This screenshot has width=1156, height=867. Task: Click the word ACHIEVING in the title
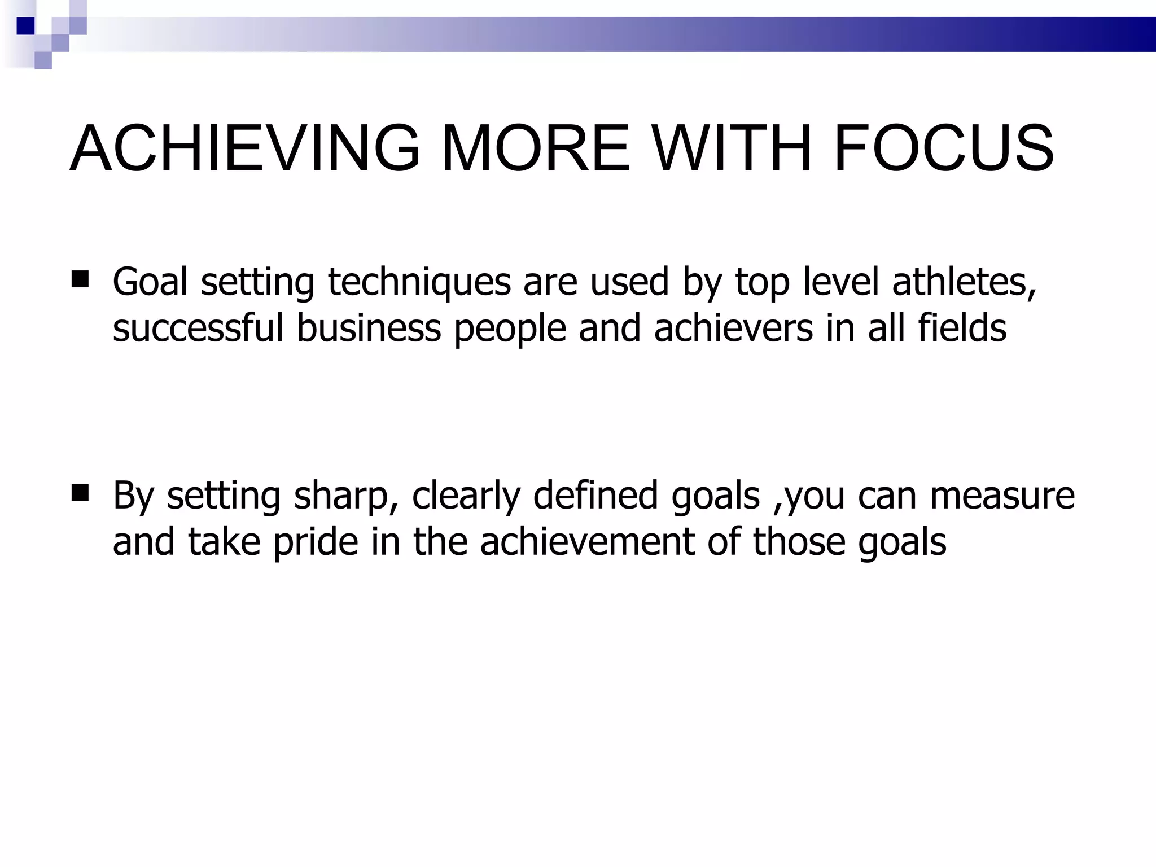coord(245,148)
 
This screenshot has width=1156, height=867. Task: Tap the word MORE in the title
coord(535,148)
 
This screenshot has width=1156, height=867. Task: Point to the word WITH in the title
coord(731,148)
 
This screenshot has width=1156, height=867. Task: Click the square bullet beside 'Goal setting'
coord(81,279)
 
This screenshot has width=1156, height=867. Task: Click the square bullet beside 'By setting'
coord(81,493)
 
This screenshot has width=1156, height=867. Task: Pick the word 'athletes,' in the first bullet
coord(964,282)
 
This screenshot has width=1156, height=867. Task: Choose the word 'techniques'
coord(419,282)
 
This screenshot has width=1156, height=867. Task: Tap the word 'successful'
coord(198,328)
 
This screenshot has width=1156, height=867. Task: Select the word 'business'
coord(369,328)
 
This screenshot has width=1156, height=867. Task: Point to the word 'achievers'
coord(733,328)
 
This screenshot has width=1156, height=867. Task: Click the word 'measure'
coord(1002,496)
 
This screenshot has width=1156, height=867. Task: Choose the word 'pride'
coord(316,542)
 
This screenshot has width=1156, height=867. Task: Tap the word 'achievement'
coord(586,542)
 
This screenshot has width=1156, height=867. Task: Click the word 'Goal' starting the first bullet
coord(150,282)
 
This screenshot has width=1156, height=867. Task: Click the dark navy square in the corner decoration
coord(25,26)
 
